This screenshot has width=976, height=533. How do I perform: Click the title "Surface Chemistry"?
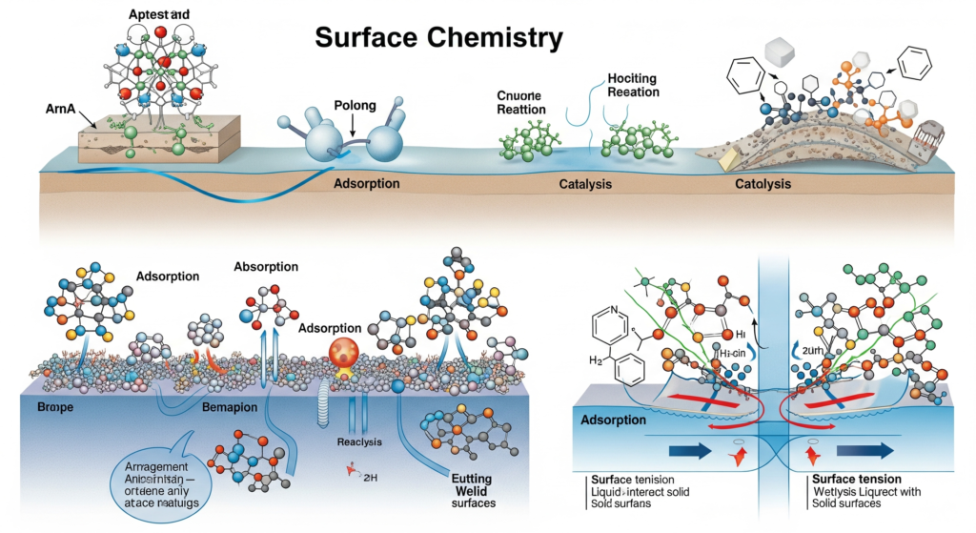[438, 38]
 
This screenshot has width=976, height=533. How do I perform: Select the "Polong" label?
[355, 105]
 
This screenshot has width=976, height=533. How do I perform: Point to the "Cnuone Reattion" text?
[521, 102]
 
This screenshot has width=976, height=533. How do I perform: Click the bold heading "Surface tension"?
[854, 478]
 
